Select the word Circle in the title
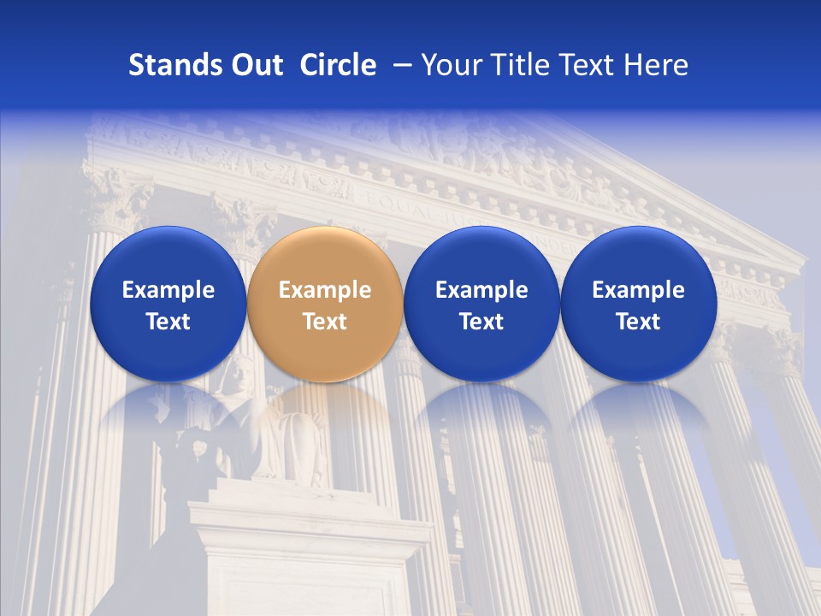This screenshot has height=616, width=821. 338,65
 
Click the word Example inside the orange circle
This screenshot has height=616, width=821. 325,290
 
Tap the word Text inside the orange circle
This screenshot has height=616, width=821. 325,322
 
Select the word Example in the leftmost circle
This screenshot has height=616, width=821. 168,290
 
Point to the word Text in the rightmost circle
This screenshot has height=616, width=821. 639,322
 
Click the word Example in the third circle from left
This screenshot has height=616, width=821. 481,290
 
